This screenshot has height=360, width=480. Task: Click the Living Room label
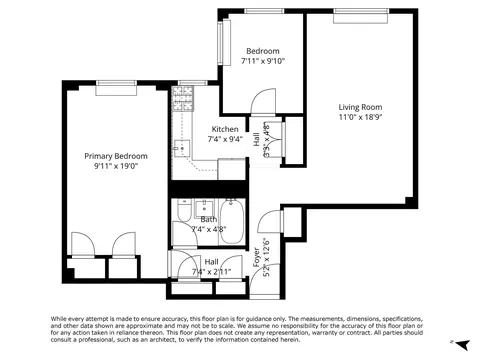tap(359, 107)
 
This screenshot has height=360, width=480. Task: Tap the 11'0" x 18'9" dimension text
tap(359, 118)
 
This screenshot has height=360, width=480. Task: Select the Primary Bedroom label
tap(116, 156)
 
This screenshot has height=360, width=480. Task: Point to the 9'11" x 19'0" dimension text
tap(116, 167)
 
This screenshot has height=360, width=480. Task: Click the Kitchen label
tap(224, 129)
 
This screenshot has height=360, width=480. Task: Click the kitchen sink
tap(180, 150)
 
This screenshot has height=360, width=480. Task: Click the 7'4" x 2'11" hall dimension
tap(211, 271)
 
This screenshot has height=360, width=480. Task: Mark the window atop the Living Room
tap(360, 15)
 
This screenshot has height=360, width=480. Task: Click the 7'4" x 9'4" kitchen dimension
tap(224, 140)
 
